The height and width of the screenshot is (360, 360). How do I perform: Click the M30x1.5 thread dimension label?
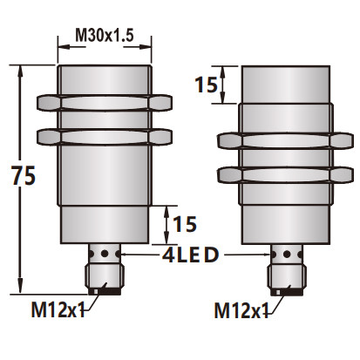[x=104, y=34]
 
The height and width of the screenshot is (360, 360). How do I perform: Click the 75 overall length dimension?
[x=25, y=176]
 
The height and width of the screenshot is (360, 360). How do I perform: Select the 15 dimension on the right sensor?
[x=205, y=85]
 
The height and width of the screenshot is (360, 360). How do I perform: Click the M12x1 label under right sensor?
[x=241, y=309]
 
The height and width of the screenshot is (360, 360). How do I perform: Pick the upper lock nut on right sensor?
[x=286, y=142]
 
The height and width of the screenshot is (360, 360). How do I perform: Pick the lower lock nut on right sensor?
[x=286, y=173]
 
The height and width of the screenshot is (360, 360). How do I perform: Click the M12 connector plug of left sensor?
[x=104, y=278]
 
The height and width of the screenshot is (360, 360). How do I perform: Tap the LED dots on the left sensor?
[x=104, y=254]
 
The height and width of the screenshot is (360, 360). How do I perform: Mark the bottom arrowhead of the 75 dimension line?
[x=18, y=289]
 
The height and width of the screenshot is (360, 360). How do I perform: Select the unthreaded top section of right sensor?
[x=286, y=85]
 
